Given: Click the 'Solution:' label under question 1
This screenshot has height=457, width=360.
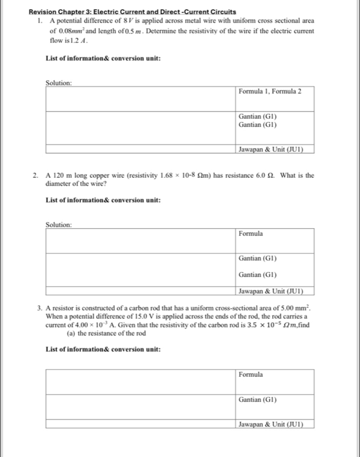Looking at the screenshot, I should click(59, 82).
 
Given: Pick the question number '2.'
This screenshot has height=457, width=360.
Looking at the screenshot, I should click(35, 175).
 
